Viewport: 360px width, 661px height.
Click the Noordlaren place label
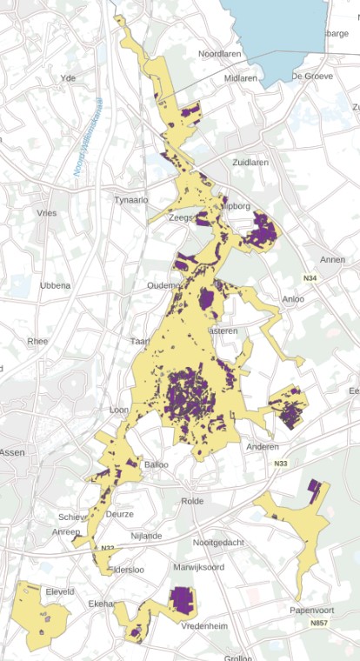pos(219,54)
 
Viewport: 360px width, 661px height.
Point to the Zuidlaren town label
pos(252,163)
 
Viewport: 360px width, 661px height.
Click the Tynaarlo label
pos(131,199)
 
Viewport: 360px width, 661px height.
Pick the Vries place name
pos(46,212)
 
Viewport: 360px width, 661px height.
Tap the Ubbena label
pos(55,285)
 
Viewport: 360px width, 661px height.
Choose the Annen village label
pos(333,259)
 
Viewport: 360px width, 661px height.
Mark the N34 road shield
pos(310,278)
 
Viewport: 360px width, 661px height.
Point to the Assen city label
pos(12,452)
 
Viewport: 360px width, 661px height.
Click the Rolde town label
pos(191,501)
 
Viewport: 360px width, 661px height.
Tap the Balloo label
pos(157,464)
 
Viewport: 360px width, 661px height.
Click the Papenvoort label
pos(311,611)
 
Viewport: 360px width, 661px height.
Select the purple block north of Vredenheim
pos(182,598)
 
